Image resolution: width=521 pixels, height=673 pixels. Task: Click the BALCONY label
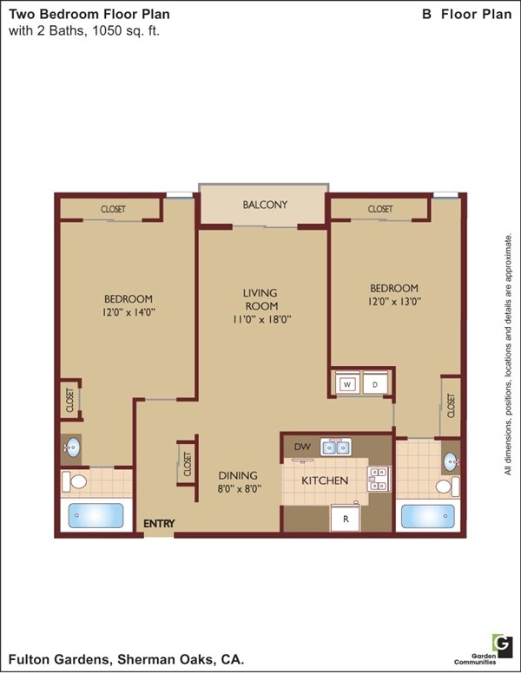click(264, 206)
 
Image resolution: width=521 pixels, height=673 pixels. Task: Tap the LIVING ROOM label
click(260, 299)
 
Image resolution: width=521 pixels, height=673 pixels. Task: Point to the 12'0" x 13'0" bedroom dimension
click(393, 302)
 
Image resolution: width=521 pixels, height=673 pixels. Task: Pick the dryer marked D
click(375, 384)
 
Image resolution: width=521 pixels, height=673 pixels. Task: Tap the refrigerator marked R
click(345, 519)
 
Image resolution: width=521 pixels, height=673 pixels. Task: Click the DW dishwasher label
click(302, 447)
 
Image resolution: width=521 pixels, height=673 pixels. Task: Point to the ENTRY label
click(159, 523)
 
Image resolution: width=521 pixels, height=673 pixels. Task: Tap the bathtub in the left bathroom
click(97, 514)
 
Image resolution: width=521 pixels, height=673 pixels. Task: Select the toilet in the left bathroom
click(78, 480)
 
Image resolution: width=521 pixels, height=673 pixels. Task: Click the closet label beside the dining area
click(186, 465)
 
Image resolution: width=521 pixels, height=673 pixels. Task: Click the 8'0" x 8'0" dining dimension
click(237, 488)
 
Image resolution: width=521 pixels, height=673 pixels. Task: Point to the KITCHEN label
click(325, 480)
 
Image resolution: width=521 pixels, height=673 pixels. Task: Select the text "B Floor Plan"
click(466, 15)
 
